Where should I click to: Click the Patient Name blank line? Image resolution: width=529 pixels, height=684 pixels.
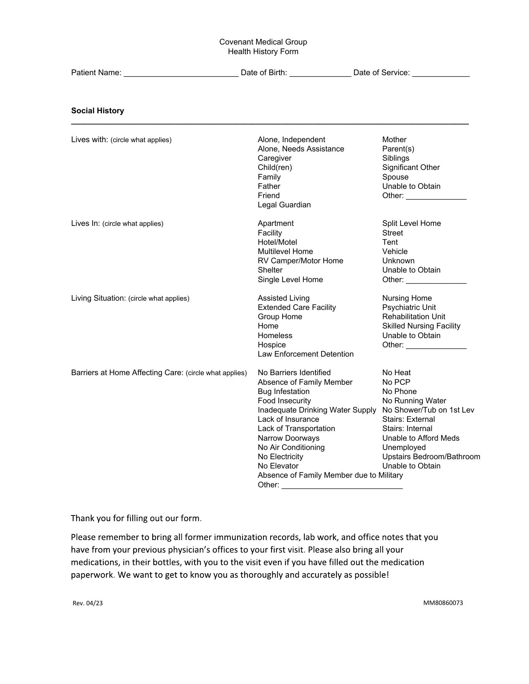click(x=181, y=73)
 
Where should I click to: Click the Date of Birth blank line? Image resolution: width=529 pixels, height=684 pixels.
click(x=320, y=73)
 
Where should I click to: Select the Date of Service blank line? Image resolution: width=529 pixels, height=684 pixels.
click(x=441, y=73)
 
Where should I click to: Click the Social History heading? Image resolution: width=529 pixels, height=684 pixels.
click(x=98, y=111)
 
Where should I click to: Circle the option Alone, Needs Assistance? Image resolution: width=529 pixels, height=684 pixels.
click(x=301, y=149)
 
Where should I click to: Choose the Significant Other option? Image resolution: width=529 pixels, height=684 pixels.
click(x=411, y=167)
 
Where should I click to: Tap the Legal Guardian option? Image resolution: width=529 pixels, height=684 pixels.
click(x=284, y=205)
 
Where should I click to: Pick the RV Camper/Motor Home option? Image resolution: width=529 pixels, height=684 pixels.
click(x=300, y=261)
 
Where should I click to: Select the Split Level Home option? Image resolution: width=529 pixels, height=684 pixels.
click(x=411, y=223)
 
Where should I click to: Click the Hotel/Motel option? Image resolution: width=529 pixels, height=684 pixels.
click(x=277, y=242)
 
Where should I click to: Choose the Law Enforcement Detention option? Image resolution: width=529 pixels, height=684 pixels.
click(x=305, y=354)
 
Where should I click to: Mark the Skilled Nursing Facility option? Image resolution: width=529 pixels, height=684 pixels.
click(x=421, y=326)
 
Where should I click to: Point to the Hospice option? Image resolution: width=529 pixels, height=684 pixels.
click(x=272, y=345)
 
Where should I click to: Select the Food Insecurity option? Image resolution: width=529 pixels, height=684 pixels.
click(x=284, y=401)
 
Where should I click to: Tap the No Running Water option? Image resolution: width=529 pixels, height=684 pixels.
click(x=414, y=401)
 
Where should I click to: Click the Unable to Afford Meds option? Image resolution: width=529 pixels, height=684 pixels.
click(x=421, y=438)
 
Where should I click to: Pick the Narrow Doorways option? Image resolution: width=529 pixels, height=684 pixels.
click(x=288, y=438)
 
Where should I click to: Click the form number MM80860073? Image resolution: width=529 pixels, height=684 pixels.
click(x=443, y=603)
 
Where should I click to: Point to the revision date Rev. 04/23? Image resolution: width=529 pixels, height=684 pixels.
click(x=88, y=603)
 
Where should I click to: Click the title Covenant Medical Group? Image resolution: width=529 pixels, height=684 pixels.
click(x=263, y=42)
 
